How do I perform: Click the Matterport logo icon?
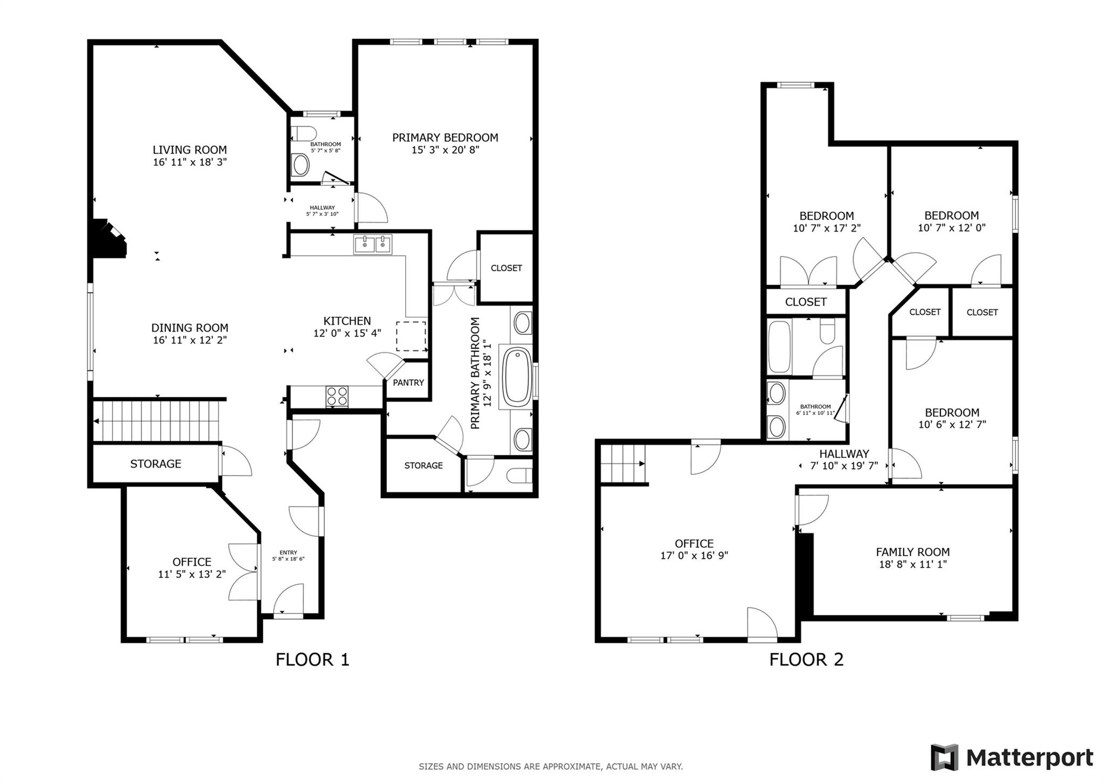pos(944,757)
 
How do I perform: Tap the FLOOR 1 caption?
pos(312,659)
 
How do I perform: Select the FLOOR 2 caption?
pos(806,659)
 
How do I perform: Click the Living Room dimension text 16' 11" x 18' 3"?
pos(190,162)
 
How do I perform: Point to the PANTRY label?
pos(408,382)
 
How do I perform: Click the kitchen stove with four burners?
pos(337,397)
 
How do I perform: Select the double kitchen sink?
pos(373,244)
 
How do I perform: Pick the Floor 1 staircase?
pos(156,421)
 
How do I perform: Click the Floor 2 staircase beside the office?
pos(623,464)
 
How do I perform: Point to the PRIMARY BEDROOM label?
pos(445,138)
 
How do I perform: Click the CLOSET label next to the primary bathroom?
pos(506,268)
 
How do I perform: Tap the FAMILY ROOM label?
pos(912,552)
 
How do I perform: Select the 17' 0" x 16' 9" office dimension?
pos(694,556)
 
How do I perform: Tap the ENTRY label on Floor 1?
pos(288,552)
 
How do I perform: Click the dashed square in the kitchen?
pos(411,336)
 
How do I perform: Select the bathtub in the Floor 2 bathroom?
pos(779,347)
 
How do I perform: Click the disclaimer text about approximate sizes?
pos(550,766)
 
